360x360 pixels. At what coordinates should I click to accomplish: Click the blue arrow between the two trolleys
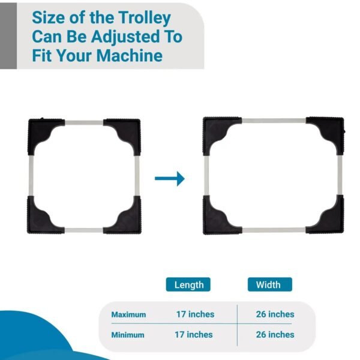[x=170, y=178]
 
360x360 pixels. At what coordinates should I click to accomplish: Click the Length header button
[x=188, y=284]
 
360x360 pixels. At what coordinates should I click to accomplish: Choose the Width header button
[x=269, y=284]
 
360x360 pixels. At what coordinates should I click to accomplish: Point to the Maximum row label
[x=128, y=314]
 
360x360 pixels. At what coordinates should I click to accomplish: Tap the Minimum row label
[x=128, y=334]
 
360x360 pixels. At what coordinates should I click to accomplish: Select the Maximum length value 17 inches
[x=195, y=314]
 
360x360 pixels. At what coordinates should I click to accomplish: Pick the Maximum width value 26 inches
[x=273, y=314]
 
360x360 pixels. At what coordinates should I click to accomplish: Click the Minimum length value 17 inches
[x=195, y=334]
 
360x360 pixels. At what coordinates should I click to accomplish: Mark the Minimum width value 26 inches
[x=273, y=334]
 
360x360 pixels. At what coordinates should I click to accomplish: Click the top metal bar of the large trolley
[x=273, y=121]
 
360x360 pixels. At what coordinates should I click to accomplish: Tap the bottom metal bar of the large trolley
[x=273, y=230]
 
